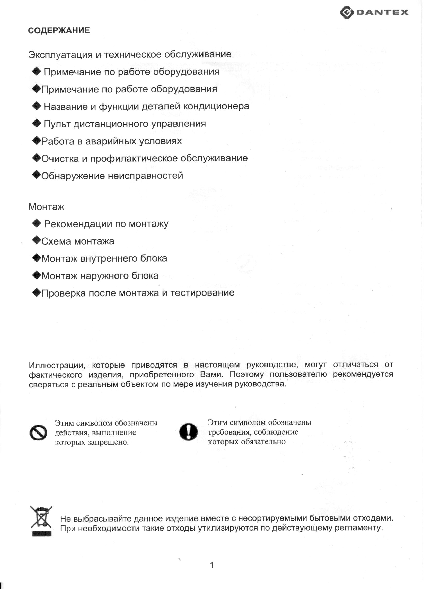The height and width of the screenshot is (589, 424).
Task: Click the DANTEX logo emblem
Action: tap(347, 12)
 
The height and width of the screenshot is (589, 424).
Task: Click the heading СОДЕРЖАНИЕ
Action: tap(59, 30)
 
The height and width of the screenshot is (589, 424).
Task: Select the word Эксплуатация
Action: tap(60, 55)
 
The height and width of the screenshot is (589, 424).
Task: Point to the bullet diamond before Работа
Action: tap(37, 141)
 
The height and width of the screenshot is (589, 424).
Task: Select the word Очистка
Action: tap(60, 158)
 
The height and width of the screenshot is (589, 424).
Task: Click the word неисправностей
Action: tap(145, 176)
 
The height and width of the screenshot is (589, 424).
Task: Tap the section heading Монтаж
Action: tap(46, 207)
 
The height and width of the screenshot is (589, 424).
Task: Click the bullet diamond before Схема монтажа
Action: tap(37, 240)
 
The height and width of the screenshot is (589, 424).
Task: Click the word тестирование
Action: tap(202, 293)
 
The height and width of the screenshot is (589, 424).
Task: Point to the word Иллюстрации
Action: tap(57, 365)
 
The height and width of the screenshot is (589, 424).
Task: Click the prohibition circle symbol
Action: tap(38, 433)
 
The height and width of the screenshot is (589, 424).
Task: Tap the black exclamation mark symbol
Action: tap(188, 432)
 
